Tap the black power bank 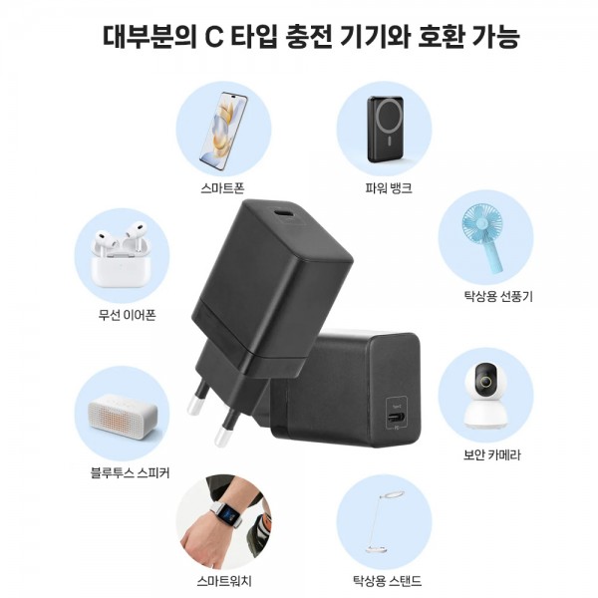(x=385, y=129)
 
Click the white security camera (x=485, y=397)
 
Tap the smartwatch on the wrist (x=228, y=513)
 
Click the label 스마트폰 (x=222, y=188)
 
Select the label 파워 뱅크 (x=389, y=188)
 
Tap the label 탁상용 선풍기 (x=498, y=296)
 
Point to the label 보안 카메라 (x=491, y=454)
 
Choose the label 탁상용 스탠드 (x=387, y=581)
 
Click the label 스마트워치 (x=224, y=581)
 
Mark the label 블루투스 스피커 (x=130, y=472)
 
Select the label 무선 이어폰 (x=127, y=315)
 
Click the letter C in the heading (x=214, y=37)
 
